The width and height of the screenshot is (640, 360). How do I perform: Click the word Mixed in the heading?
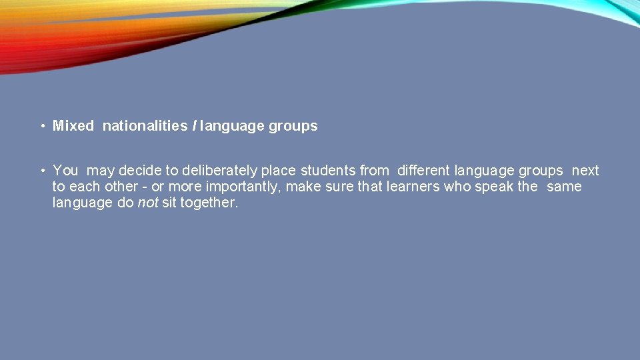coord(73,126)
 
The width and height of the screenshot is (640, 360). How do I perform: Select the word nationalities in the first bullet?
coord(145,126)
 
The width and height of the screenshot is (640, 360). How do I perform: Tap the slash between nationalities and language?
coord(194,126)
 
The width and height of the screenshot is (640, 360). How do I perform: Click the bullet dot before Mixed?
coord(41,126)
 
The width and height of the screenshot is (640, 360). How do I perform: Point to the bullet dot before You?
coord(41,171)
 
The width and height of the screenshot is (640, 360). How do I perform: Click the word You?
coord(65,171)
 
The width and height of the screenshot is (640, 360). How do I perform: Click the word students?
coord(328,171)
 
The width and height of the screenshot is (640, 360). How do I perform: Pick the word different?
coord(423,171)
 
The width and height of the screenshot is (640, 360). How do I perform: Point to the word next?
coord(585,171)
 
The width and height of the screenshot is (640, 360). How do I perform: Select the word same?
coord(564,187)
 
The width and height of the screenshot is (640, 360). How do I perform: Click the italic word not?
coord(147,203)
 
